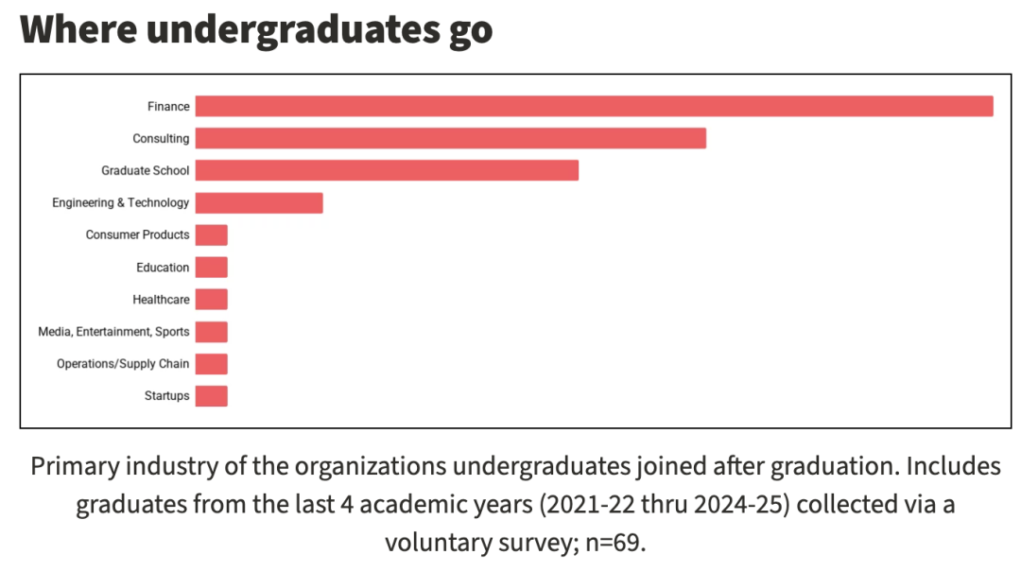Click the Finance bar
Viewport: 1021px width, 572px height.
pos(594,106)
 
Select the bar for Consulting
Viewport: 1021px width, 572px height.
pos(450,138)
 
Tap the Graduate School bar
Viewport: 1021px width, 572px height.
pos(387,170)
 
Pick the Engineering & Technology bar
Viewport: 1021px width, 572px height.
pos(259,202)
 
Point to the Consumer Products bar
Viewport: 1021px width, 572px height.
pos(212,234)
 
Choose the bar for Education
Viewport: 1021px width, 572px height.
pos(212,268)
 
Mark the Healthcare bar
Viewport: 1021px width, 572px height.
pos(212,300)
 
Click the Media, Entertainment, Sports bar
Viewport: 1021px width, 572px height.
pos(212,332)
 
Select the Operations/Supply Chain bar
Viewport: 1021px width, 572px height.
pos(212,364)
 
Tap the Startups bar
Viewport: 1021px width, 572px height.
pos(212,396)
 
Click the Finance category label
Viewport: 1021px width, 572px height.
pos(168,107)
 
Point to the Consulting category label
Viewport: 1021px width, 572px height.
pos(161,139)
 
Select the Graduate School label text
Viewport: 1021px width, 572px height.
pos(146,171)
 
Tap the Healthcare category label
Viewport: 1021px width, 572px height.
pos(161,300)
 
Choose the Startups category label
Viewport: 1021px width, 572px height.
pos(166,396)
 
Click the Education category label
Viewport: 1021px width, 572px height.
pos(163,268)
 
